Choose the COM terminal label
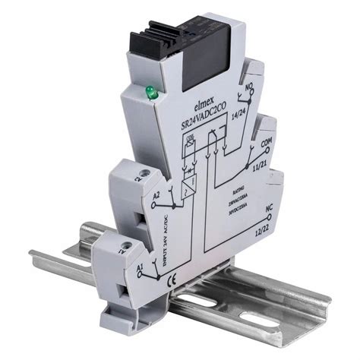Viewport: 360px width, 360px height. coord(266,143)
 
